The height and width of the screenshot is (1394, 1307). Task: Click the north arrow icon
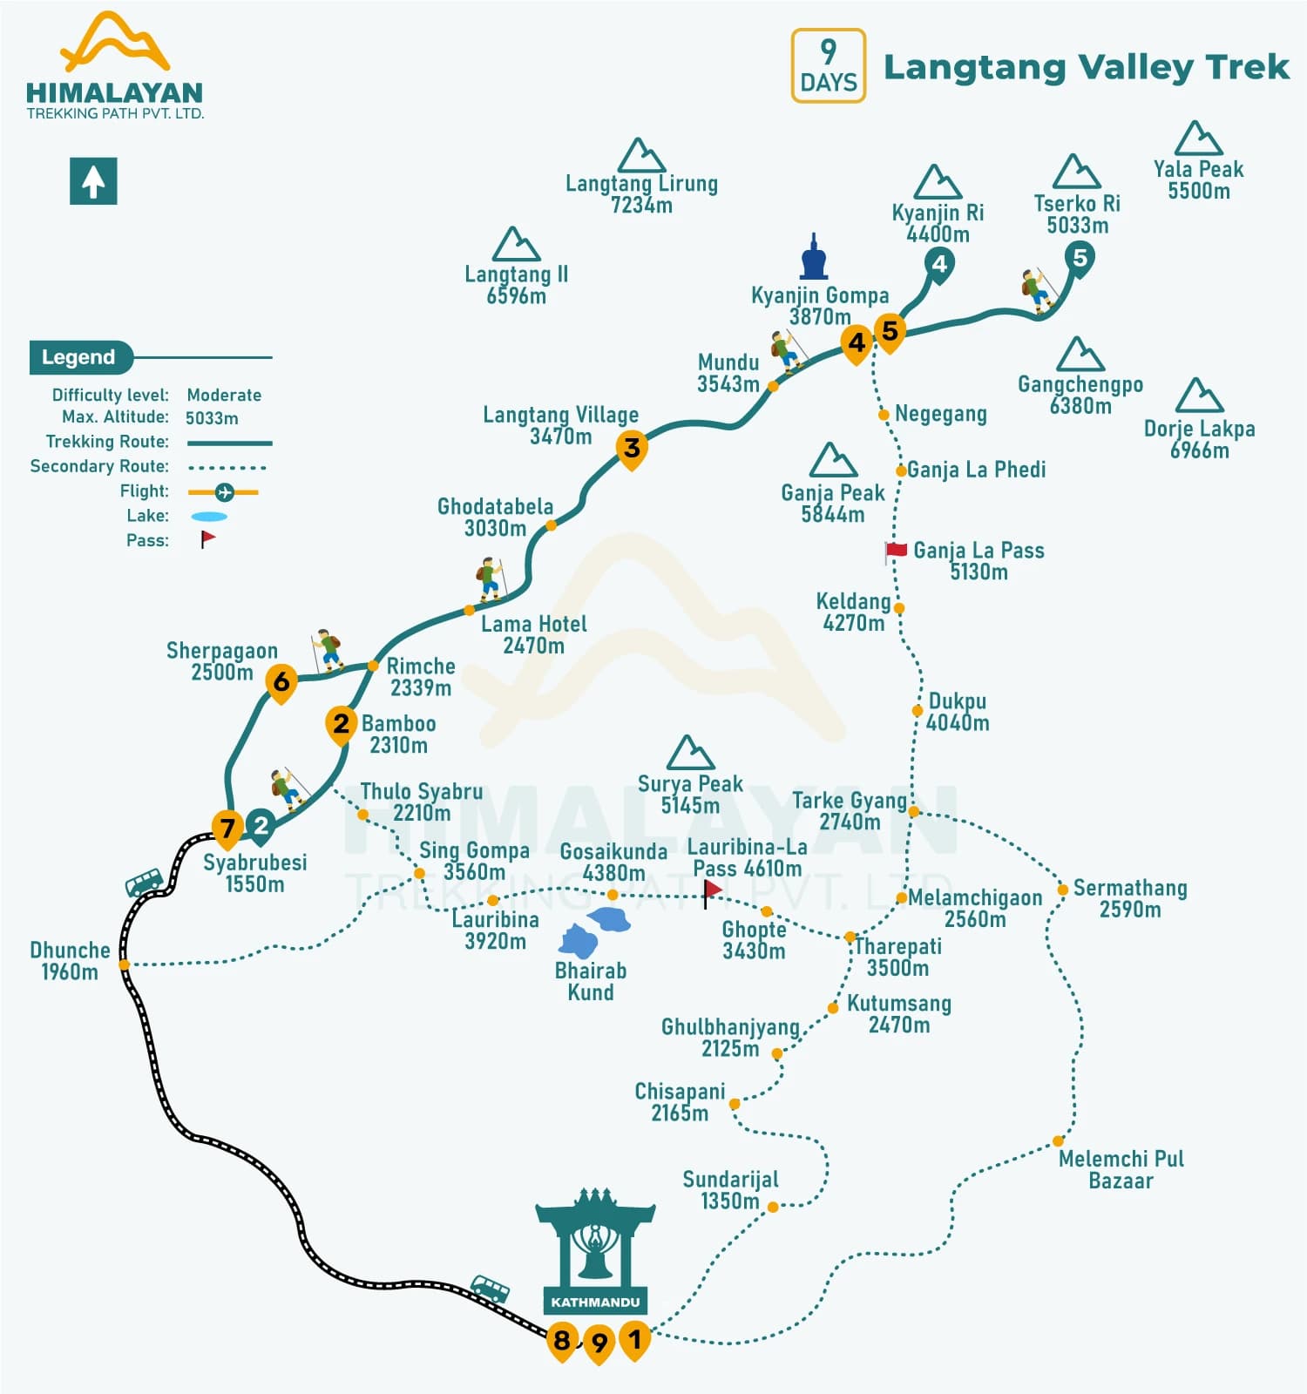click(93, 181)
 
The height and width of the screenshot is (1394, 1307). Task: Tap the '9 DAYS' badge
click(828, 65)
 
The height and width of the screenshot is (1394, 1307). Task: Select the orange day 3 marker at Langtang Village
click(632, 449)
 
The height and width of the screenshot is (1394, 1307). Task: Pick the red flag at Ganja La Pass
click(896, 550)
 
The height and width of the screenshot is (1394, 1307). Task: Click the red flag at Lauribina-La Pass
click(712, 890)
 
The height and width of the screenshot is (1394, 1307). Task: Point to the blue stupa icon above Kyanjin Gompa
click(814, 257)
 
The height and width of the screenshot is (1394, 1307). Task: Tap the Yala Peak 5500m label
click(1198, 179)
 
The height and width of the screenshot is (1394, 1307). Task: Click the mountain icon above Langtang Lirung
click(641, 156)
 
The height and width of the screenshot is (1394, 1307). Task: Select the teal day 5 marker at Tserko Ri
click(1080, 258)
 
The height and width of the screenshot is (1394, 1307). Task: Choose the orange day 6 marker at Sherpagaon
click(281, 681)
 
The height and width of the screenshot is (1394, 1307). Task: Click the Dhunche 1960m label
click(70, 960)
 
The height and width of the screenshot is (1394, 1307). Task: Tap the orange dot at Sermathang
click(1062, 890)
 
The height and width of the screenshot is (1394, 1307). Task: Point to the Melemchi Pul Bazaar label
click(1121, 1169)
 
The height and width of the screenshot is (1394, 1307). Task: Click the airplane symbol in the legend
click(224, 492)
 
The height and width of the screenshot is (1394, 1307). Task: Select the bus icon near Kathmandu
click(490, 1288)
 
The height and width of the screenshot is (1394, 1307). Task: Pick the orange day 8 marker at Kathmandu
click(562, 1340)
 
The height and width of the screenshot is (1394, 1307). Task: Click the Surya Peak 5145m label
click(690, 794)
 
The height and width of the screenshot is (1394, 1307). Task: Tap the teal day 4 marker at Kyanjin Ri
click(938, 263)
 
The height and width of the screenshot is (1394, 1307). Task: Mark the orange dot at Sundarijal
click(772, 1207)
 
